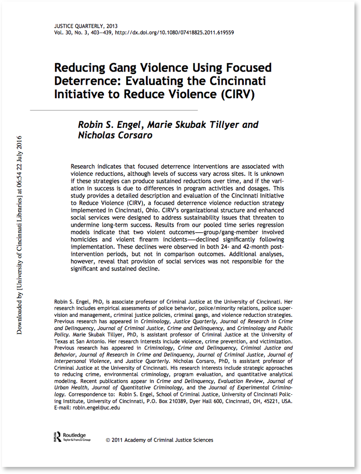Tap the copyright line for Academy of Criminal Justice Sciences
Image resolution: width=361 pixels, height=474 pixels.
click(159, 440)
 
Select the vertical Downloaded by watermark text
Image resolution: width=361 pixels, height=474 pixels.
click(20, 234)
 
